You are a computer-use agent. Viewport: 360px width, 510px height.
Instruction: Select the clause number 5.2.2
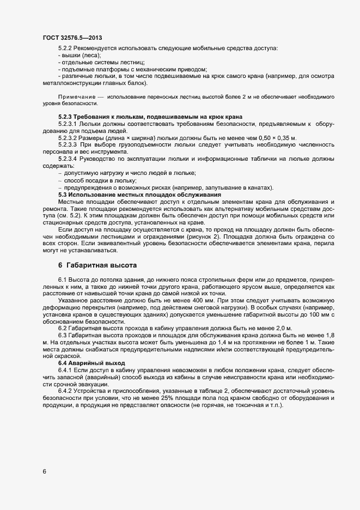pos(65,49)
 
